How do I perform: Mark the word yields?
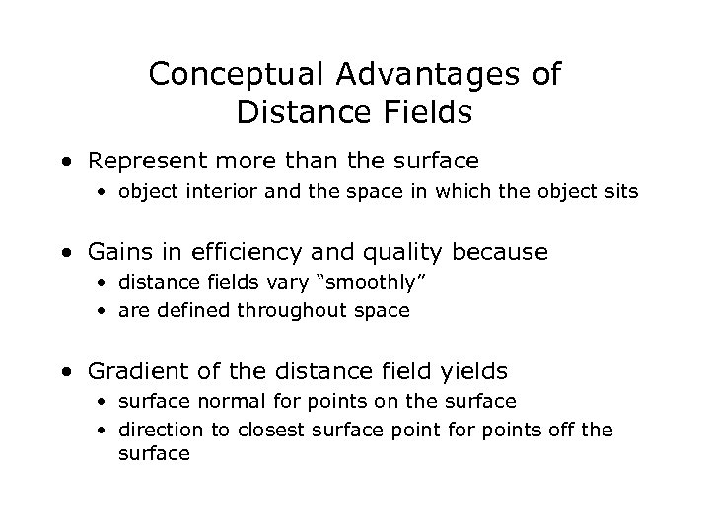[475, 371]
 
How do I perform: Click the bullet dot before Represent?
[64, 161]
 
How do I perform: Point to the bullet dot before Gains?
[64, 252]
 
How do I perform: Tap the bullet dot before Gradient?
[64, 371]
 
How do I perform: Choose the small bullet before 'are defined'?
[104, 311]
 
